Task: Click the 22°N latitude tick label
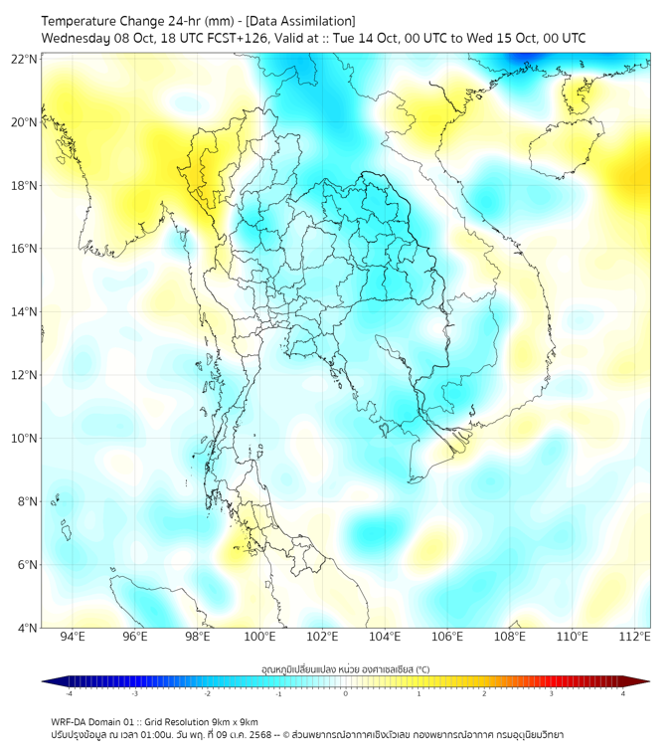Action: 25,59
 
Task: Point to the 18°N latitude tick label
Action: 25,185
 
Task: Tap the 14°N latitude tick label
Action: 25,311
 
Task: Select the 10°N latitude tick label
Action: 25,438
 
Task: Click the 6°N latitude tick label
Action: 25,564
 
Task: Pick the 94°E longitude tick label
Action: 73,637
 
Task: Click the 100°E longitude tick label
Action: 259,637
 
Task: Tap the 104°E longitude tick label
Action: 385,637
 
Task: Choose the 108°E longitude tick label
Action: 510,637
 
